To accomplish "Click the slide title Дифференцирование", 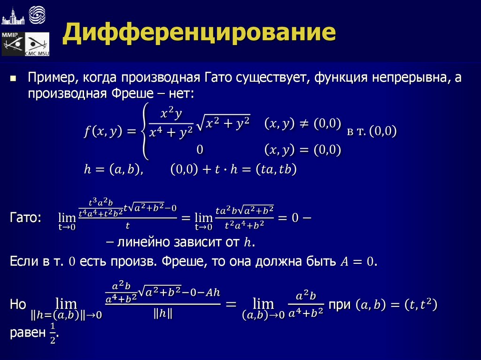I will tap(200, 34).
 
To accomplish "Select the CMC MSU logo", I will tap(37, 45).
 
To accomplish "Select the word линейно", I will tap(143, 243).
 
